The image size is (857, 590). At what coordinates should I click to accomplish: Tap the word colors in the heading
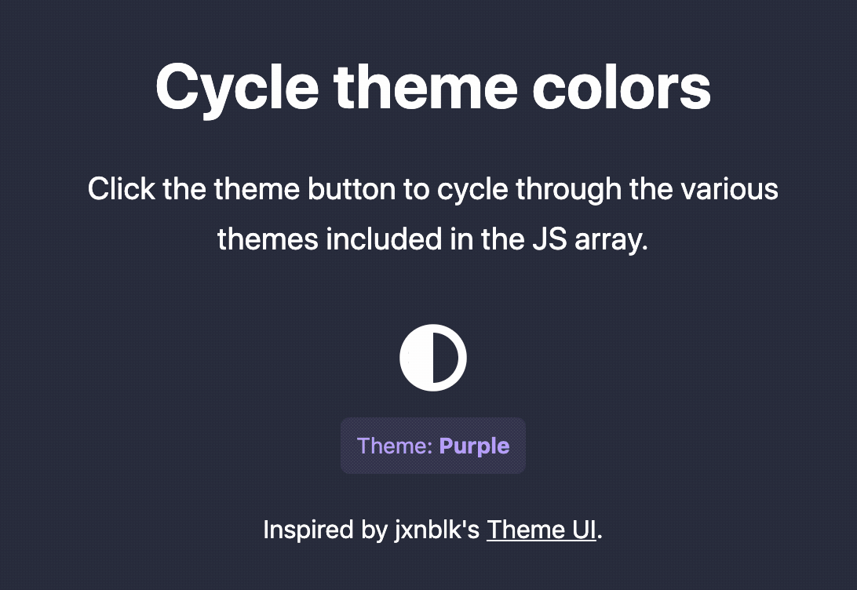point(622,87)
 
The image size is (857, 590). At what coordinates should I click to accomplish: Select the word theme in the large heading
point(426,87)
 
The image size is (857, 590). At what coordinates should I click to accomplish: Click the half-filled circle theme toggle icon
point(433,358)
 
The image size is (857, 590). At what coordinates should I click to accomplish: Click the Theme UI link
point(541,530)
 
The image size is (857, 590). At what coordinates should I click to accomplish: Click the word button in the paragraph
point(352,189)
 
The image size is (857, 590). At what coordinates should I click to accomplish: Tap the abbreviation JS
point(550,240)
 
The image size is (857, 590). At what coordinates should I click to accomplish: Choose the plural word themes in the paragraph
point(268,239)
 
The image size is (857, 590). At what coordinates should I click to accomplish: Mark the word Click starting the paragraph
point(122,189)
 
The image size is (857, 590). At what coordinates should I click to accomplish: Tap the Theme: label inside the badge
point(395,446)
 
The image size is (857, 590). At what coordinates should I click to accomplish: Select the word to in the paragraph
point(417,190)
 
